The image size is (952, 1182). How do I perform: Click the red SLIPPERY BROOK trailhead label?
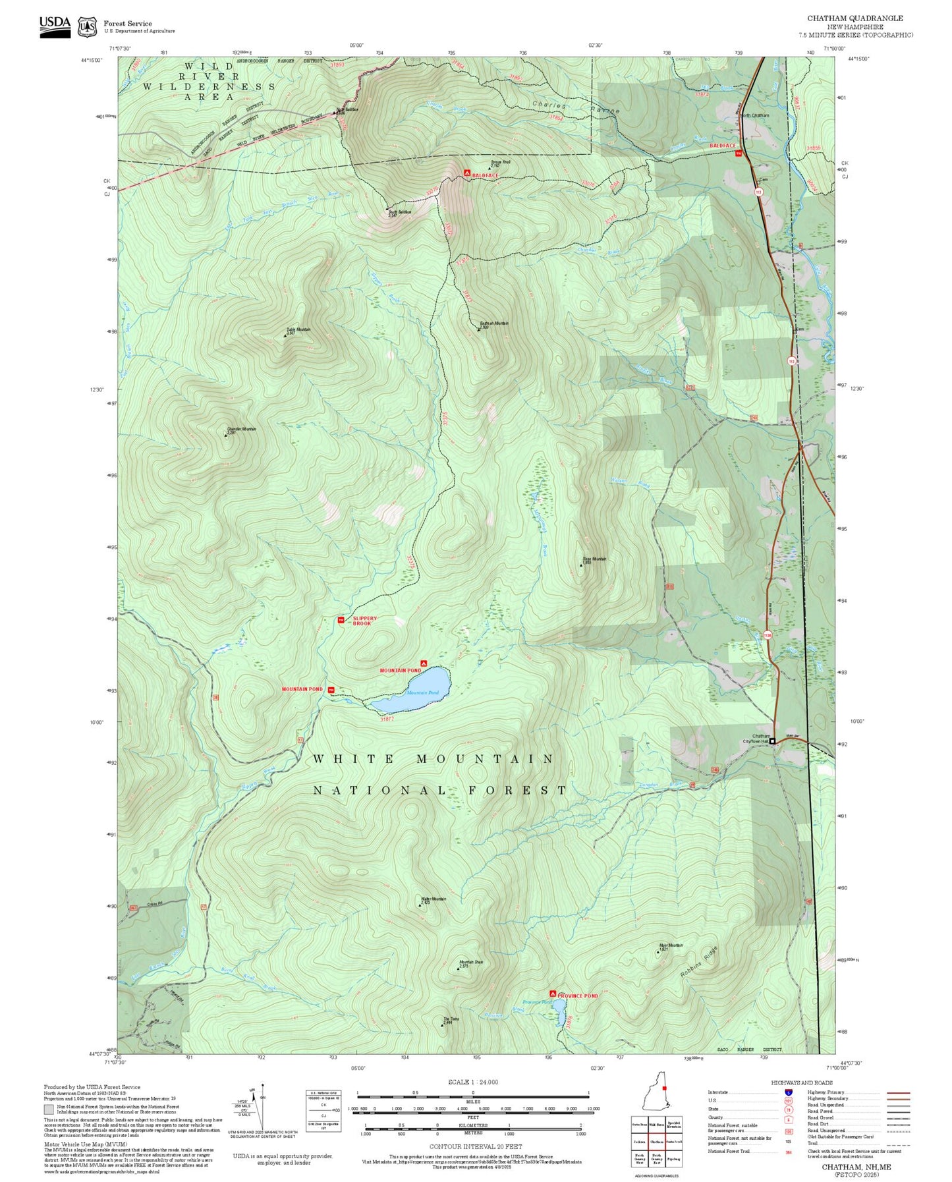365,621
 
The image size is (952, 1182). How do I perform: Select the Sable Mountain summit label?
298,330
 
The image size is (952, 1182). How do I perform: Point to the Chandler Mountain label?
241,430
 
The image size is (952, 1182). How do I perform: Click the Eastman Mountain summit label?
493,324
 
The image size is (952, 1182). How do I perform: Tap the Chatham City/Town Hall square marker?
773,741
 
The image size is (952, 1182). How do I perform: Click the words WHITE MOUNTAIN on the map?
434,759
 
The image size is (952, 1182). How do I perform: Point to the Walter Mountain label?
434,899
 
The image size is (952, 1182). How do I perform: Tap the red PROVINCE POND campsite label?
578,996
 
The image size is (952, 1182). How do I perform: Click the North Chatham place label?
754,115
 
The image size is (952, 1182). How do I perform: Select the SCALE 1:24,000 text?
472,1082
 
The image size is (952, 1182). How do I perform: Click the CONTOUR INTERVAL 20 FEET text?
475,1146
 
